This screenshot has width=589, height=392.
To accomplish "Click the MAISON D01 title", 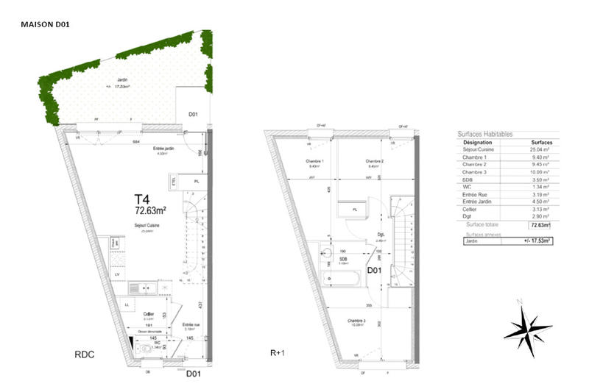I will click(x=45, y=24).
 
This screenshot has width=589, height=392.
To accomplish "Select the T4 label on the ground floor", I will click(x=142, y=198).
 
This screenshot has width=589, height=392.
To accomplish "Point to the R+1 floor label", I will click(x=278, y=354).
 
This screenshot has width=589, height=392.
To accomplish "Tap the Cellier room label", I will click(x=149, y=313).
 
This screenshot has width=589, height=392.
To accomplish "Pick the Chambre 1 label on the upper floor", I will click(x=315, y=162).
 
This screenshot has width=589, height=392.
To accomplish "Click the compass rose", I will click(x=528, y=328).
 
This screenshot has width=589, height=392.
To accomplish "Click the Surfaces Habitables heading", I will click(x=485, y=134).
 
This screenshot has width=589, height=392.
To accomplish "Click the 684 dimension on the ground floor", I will click(x=136, y=141).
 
